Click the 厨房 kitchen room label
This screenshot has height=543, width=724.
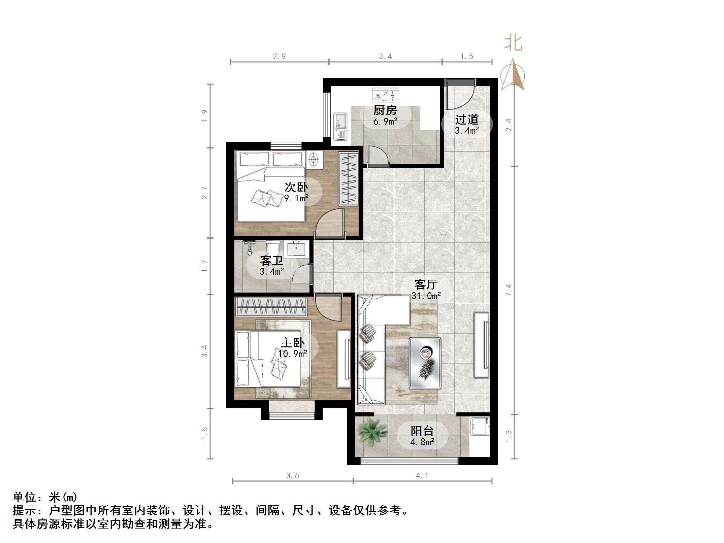(385, 110)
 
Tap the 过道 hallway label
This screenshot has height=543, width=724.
(467, 120)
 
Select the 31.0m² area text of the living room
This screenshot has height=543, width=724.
(426, 296)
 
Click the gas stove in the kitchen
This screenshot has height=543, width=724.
(385, 95)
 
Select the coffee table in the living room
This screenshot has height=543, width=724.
(425, 363)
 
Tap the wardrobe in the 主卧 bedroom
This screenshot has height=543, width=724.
(271, 306)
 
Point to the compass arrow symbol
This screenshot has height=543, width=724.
(513, 76)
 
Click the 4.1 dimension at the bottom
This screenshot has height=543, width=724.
(422, 475)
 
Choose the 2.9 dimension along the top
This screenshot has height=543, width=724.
(279, 57)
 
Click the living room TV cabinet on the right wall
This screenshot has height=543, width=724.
(482, 345)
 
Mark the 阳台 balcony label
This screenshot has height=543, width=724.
(422, 431)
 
